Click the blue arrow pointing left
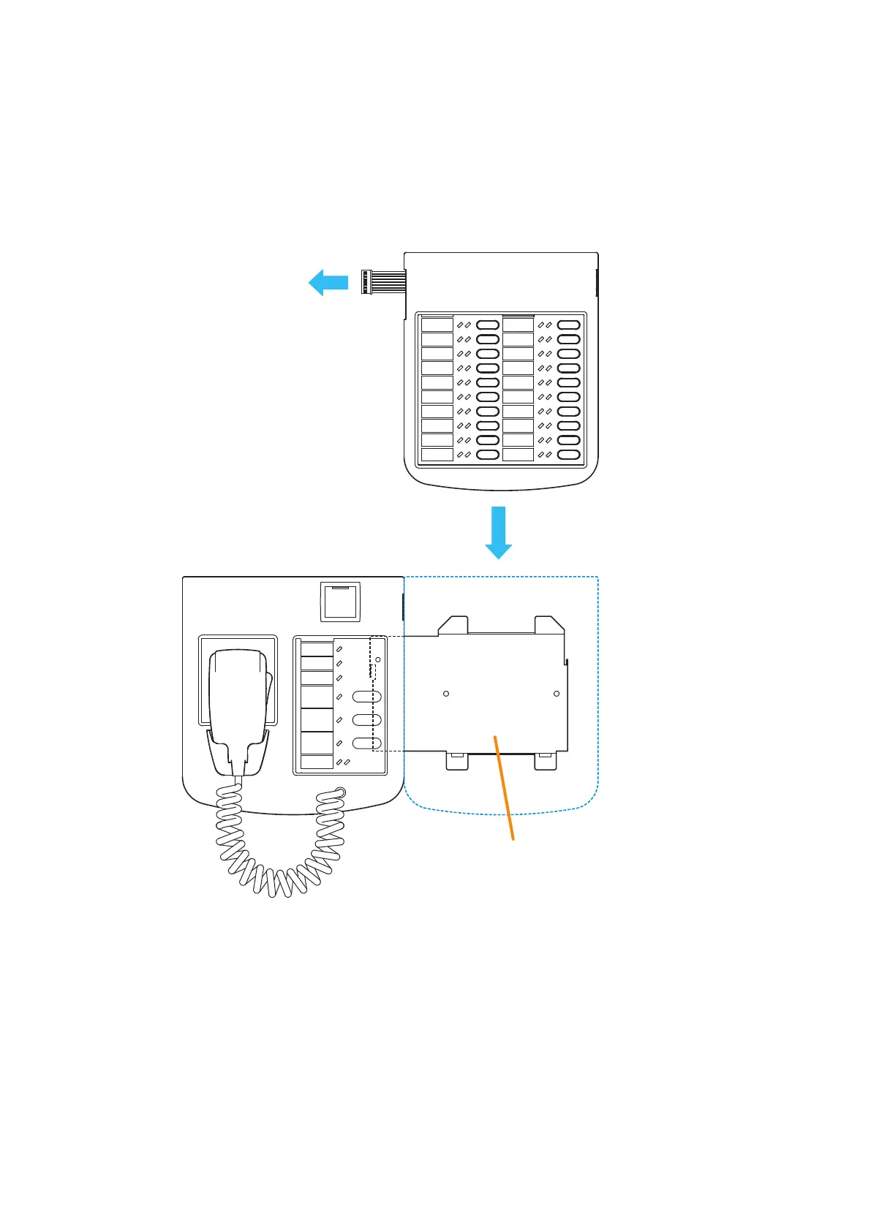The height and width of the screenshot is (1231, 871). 328,282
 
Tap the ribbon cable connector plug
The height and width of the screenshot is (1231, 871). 367,281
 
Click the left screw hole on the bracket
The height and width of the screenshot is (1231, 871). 446,693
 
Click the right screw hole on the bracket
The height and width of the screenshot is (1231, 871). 557,693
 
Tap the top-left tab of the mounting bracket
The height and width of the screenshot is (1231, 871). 453,624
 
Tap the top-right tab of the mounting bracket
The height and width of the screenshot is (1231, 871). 549,624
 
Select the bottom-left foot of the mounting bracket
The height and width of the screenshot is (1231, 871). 457,761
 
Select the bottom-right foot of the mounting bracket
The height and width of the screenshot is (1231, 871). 546,761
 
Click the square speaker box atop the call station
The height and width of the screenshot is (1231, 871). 341,601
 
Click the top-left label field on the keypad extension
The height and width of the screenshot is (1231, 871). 437,325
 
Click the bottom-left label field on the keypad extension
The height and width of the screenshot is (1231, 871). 437,455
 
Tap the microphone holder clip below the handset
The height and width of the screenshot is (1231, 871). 238,753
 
